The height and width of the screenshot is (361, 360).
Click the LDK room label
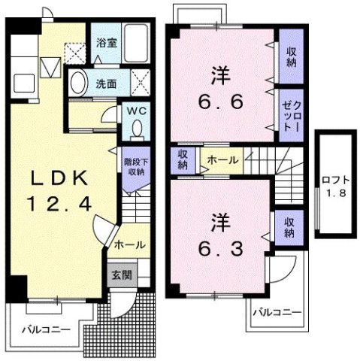(59, 179)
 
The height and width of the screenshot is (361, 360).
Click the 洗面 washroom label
(105, 83)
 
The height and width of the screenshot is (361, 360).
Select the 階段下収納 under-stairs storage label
(135, 167)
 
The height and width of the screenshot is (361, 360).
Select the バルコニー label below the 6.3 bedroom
(277, 312)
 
